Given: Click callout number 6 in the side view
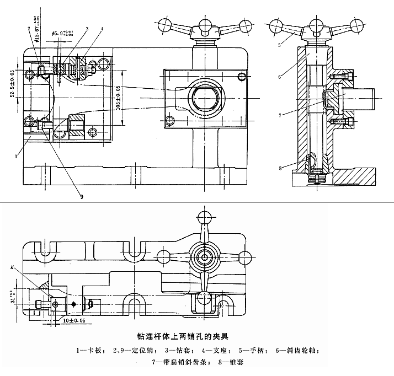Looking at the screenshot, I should [280, 77].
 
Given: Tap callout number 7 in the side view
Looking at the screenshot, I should [281, 115].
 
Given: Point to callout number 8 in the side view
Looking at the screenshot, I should [281, 166].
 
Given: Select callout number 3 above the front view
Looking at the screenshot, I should [87, 27].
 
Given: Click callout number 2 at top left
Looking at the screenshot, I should [28, 28].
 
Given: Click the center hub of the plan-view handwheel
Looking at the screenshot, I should [205, 257].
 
